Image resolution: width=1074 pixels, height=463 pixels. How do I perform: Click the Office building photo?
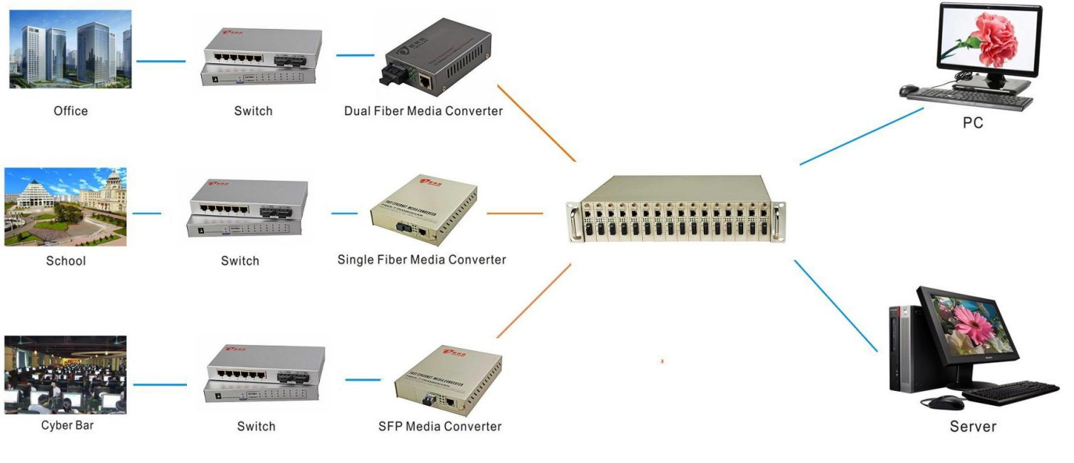point(70,48)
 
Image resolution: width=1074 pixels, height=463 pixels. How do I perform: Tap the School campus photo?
point(65,206)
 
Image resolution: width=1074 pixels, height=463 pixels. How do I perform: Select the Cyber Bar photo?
point(65,375)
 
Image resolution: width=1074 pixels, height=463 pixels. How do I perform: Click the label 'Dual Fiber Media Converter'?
point(423,111)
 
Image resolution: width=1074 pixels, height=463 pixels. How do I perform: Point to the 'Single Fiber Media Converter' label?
point(422,260)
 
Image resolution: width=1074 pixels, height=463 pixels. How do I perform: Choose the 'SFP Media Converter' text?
point(440,426)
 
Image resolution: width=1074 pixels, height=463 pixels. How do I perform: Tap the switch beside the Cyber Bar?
point(264,375)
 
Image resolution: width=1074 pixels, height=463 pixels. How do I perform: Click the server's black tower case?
point(903,348)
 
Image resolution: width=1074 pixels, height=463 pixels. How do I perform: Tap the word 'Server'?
point(973,427)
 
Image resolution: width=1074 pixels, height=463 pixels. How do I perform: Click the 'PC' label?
point(973,124)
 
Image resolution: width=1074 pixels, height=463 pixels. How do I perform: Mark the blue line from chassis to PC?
point(861,136)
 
